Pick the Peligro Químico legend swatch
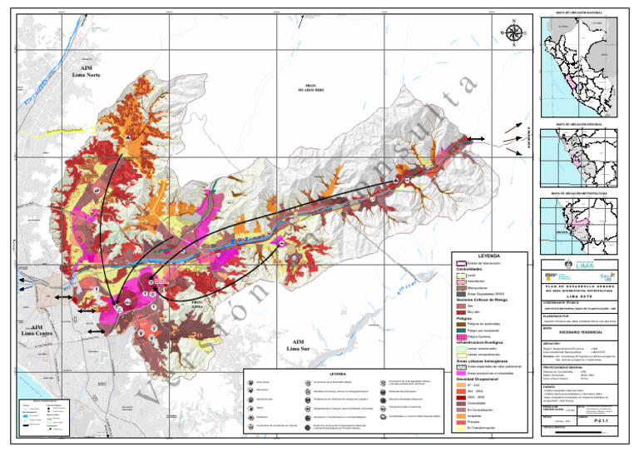tap(461, 337)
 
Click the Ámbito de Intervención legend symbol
tap(461, 263)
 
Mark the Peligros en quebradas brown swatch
tap(461, 323)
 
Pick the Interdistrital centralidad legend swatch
tap(461, 281)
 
